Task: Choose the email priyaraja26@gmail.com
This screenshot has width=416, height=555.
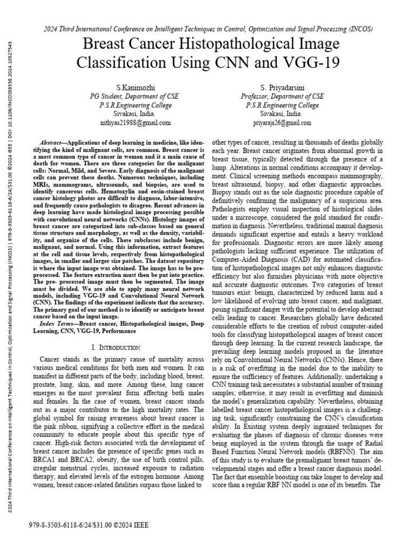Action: coord(282,123)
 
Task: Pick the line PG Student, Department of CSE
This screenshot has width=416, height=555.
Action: coord(134,96)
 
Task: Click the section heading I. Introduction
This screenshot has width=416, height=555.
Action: coord(117,347)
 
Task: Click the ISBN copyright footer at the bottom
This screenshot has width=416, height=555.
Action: coord(87,525)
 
